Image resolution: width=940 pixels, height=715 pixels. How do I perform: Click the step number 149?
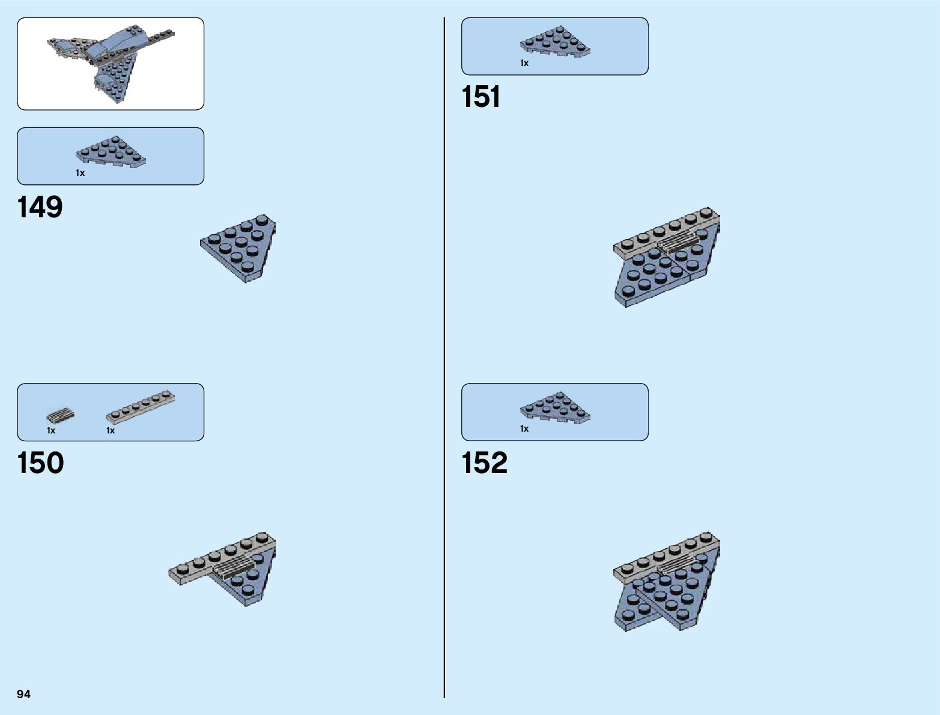coord(40,207)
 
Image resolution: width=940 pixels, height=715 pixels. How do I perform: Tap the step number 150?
coord(40,463)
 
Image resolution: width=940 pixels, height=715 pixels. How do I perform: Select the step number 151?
coord(481,97)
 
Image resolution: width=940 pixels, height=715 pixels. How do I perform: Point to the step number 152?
coord(484,463)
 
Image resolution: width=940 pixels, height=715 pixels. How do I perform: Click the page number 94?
coord(24,694)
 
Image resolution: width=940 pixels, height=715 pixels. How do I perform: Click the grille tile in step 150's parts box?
coord(61,415)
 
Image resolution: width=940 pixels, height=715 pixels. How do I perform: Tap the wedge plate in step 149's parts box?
coord(111,152)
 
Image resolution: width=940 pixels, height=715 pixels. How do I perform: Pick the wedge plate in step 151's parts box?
coord(555,42)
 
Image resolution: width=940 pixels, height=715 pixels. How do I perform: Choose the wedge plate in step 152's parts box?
coord(555,408)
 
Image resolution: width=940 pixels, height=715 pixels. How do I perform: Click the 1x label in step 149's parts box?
coord(80,173)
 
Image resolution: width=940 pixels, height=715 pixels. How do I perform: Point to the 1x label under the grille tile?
coord(51,430)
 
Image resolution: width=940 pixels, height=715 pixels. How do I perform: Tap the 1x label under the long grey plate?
coord(111,430)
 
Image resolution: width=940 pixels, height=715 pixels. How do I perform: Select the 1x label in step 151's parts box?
coord(524,63)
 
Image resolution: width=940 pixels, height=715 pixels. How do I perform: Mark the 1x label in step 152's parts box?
coord(524,429)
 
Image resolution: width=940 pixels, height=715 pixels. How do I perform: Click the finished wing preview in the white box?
coord(111,63)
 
